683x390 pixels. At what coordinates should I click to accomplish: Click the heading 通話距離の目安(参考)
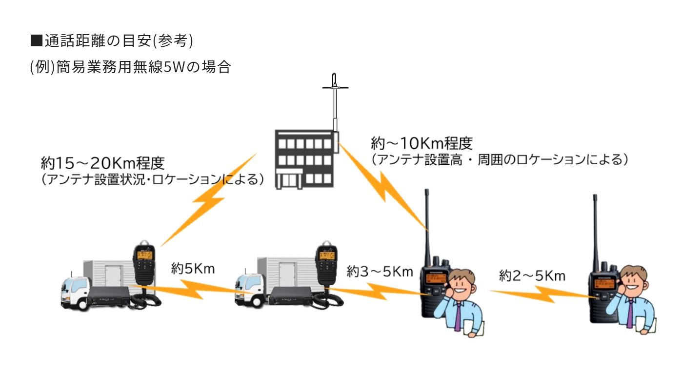(112, 41)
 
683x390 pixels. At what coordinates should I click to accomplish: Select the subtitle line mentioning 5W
(131, 67)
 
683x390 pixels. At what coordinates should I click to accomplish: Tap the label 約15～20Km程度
(103, 163)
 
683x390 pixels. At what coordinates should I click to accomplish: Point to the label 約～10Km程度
(422, 143)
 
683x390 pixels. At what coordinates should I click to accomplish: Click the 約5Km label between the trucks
(193, 269)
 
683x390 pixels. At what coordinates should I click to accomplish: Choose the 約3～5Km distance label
(380, 272)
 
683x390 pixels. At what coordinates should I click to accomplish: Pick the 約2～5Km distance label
(532, 276)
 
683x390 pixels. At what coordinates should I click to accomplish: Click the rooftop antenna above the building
(335, 102)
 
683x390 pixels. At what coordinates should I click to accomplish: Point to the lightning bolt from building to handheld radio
(383, 186)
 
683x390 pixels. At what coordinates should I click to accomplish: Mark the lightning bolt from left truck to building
(209, 199)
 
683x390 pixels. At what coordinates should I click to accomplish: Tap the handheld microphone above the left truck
(144, 262)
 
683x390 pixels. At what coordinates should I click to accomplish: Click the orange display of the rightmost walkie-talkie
(604, 284)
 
